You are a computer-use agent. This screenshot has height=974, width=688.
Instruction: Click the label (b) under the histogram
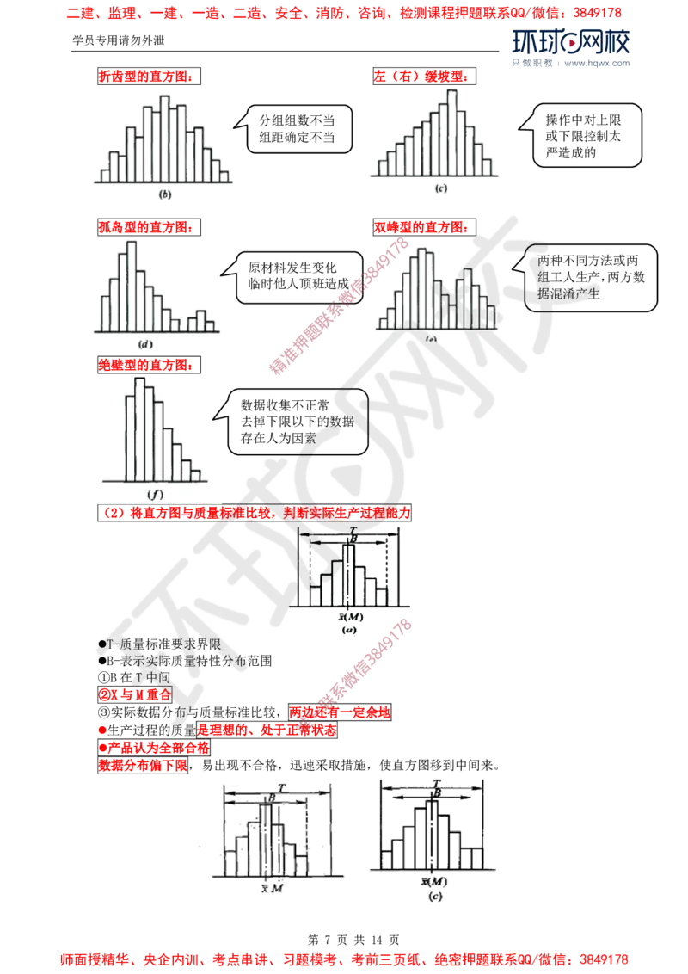pyautogui.click(x=163, y=194)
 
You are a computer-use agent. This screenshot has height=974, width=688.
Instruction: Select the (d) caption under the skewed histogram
pyautogui.click(x=144, y=342)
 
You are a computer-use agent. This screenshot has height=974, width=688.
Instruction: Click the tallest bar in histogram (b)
pyautogui.click(x=164, y=138)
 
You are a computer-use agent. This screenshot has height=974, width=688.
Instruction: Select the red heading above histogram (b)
pyautogui.click(x=144, y=76)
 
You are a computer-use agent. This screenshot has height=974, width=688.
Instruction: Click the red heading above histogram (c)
pyautogui.click(x=421, y=76)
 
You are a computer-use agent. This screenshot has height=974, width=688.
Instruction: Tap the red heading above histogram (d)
pyautogui.click(x=144, y=227)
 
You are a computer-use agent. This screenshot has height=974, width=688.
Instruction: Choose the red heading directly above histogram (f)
pyautogui.click(x=144, y=365)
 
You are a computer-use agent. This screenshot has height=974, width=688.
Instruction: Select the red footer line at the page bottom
pyautogui.click(x=344, y=957)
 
